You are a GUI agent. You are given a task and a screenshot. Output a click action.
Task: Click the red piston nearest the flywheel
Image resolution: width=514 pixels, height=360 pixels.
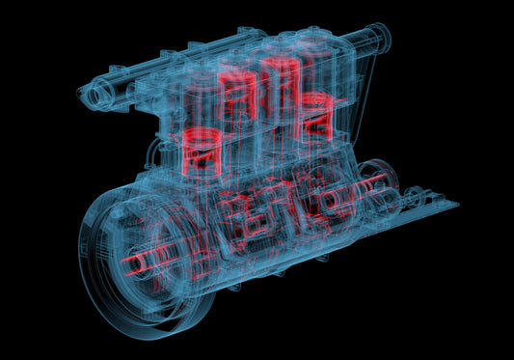(x=204, y=151)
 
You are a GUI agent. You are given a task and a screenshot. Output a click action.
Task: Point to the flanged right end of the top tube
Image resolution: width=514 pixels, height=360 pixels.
(x=381, y=38)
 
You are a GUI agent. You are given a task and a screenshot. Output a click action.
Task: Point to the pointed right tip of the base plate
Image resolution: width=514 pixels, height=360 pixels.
(x=456, y=204)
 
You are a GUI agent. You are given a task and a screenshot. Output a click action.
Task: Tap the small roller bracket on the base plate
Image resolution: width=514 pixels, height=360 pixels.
(x=415, y=199)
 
